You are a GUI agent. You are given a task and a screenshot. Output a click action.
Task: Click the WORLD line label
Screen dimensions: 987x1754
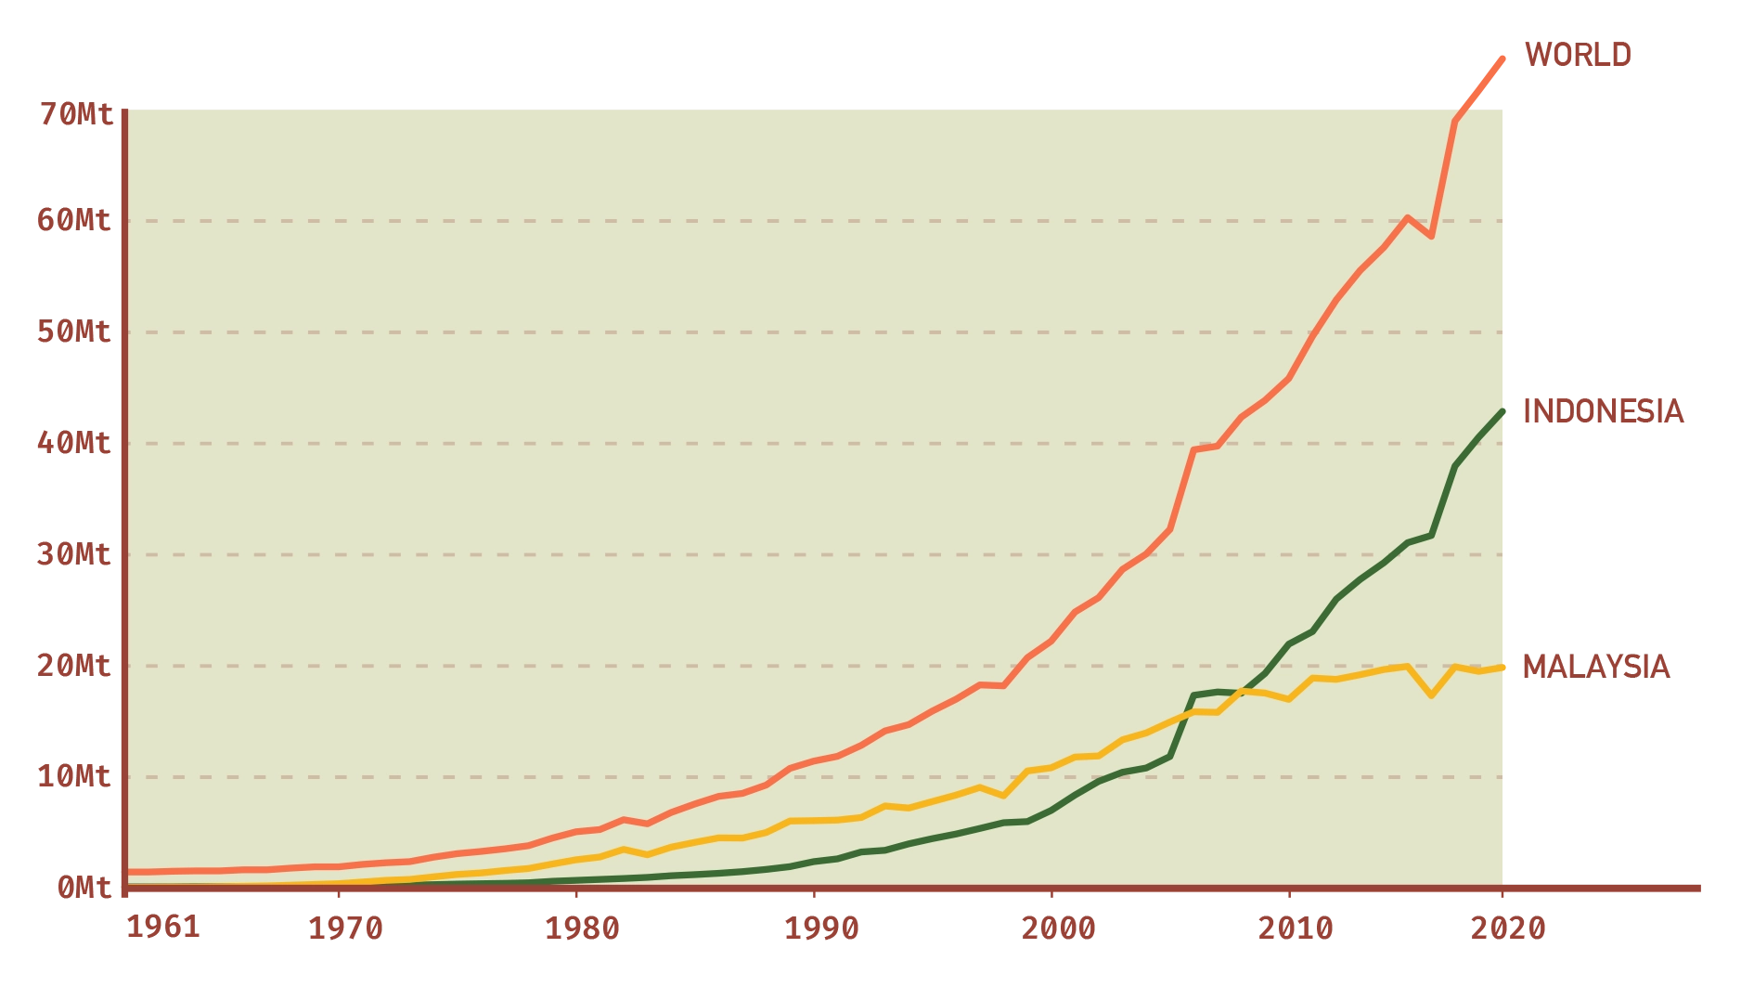1578,54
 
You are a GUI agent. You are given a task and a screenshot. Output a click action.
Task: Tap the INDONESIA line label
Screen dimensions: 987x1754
1603,410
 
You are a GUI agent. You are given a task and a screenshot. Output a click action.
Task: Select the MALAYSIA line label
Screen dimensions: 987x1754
1596,668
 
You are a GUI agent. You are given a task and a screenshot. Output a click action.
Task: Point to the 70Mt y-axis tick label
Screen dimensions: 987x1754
77,114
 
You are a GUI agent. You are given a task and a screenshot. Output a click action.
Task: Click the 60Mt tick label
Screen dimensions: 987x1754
77,223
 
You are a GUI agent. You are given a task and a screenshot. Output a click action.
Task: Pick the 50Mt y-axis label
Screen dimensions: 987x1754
77,333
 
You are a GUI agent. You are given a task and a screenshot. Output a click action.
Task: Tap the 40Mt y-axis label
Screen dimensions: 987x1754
77,443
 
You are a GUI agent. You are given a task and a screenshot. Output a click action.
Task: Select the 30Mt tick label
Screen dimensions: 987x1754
77,555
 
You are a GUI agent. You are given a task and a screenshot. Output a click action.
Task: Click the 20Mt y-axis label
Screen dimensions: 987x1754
77,666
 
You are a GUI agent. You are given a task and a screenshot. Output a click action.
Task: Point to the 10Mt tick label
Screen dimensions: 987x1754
77,776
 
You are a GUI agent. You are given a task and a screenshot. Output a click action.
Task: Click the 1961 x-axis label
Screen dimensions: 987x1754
163,929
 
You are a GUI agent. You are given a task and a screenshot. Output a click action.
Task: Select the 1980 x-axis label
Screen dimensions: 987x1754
581,929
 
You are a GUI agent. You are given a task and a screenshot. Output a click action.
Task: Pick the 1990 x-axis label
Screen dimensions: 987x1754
819,929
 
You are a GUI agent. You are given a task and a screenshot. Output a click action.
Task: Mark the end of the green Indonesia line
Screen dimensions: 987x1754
1503,410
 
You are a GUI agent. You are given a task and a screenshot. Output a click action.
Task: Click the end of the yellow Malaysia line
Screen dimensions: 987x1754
1503,667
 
